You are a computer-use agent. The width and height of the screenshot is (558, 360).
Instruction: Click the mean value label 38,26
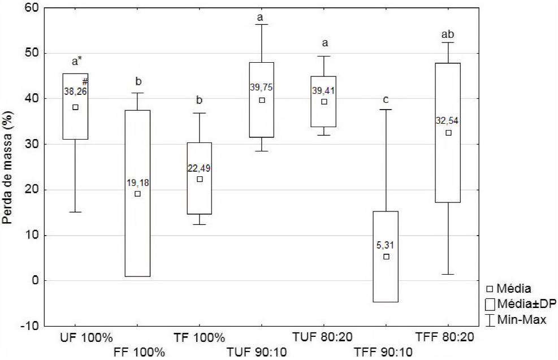pos(75,90)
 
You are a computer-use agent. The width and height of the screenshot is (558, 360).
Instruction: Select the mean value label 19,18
pos(137,183)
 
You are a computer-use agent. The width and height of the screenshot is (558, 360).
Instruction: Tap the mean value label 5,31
pos(386,245)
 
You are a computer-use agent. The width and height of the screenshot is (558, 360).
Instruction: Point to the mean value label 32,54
pos(448,120)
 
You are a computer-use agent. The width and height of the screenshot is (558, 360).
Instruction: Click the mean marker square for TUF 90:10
pos(262,100)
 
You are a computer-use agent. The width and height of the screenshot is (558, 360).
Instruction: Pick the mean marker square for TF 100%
pos(200,179)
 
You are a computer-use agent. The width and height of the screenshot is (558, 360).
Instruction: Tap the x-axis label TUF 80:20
pos(323,337)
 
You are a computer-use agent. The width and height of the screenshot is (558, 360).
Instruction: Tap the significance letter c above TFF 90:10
pos(386,100)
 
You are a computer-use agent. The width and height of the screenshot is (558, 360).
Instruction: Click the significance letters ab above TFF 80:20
pos(448,34)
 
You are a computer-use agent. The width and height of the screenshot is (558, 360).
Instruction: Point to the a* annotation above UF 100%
pos(78,62)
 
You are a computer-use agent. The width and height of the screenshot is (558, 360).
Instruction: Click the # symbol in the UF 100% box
pos(85,81)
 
